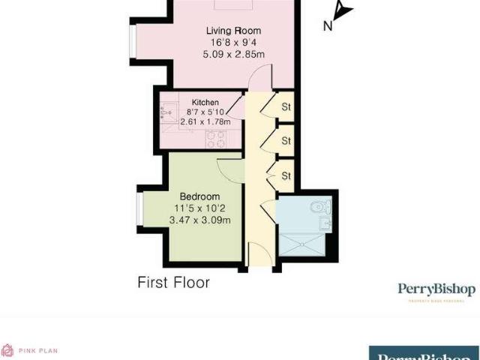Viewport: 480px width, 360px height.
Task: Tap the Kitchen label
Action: [x=205, y=102]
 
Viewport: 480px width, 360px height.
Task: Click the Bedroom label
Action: [x=199, y=196]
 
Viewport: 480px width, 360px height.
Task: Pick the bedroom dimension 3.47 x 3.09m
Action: [x=199, y=220]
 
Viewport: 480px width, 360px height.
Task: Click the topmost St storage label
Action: [x=286, y=107]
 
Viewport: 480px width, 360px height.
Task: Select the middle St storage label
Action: [x=286, y=141]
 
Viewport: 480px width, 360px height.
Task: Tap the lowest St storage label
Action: [x=286, y=176]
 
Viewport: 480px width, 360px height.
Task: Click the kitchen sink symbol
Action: [x=166, y=113]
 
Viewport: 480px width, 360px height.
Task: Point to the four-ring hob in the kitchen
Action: [x=216, y=139]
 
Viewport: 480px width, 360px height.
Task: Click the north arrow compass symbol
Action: [x=341, y=13]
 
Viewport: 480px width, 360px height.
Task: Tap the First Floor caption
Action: [x=173, y=282]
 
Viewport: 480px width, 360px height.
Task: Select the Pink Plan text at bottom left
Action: [x=40, y=350]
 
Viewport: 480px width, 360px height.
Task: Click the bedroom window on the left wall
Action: [x=139, y=209]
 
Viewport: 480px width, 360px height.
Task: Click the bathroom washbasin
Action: [x=325, y=223]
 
